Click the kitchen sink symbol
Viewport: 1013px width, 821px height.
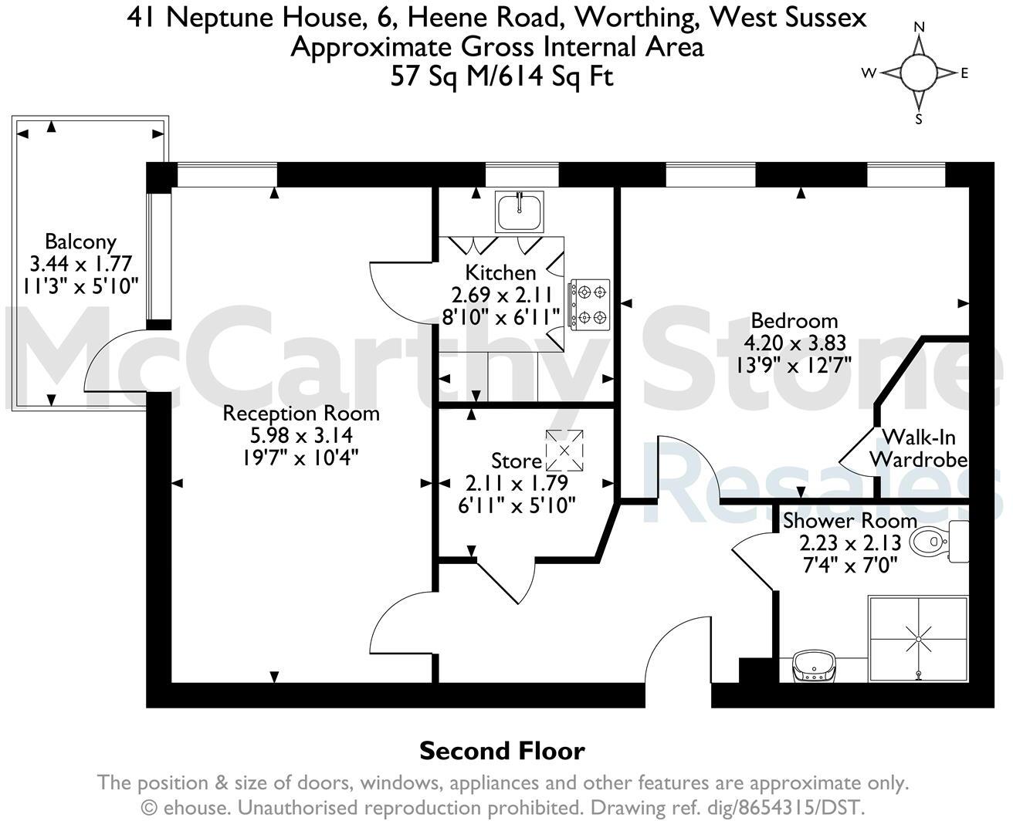[519, 211]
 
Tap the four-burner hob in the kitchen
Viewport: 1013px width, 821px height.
[590, 304]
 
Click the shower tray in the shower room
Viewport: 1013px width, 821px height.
[918, 638]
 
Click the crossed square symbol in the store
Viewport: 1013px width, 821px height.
[565, 451]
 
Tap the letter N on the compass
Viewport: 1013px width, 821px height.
[919, 27]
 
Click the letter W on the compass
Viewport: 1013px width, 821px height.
[869, 73]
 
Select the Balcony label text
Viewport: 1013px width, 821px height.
[80, 242]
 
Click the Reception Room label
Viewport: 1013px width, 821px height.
[301, 414]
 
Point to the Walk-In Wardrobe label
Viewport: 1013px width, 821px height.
[918, 448]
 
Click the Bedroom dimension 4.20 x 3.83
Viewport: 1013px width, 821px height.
[794, 343]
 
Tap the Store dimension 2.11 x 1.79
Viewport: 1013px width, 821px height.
[516, 484]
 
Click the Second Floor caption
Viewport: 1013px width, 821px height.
[502, 751]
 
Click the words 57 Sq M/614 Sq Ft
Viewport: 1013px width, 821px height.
[502, 76]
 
